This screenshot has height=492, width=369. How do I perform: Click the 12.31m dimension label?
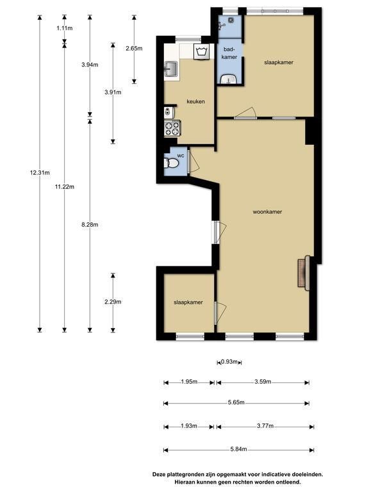(40, 172)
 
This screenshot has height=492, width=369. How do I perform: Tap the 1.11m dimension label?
(65, 28)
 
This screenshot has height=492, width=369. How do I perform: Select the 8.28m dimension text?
(90, 225)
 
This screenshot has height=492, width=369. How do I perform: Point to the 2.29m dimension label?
(113, 302)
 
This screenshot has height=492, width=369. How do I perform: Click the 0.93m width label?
(229, 362)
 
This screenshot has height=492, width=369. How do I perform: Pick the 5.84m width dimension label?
(238, 449)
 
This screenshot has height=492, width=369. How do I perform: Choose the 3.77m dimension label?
(265, 426)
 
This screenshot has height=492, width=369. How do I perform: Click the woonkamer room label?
(267, 212)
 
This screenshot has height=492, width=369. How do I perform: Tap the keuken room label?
(196, 102)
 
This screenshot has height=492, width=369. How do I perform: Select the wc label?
(181, 156)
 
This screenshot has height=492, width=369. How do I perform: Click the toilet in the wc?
(171, 163)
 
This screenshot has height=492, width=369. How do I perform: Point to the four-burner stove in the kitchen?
(172, 129)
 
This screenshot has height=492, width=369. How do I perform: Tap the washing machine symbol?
(202, 51)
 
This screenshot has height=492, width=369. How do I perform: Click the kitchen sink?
(171, 69)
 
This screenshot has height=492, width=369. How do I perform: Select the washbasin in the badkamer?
(229, 79)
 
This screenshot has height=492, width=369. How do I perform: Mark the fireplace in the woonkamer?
(304, 273)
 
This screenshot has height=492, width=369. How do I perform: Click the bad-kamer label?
(229, 53)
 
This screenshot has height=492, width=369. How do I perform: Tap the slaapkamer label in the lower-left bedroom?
(188, 302)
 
